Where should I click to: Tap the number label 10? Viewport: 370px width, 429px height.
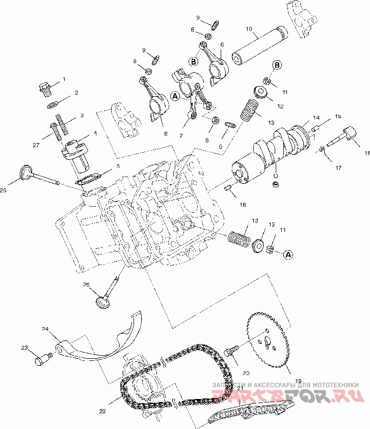pos(249,29)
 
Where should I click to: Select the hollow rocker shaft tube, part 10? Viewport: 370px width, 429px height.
pos(260,46)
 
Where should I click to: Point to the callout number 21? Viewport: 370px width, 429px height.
pos(241,388)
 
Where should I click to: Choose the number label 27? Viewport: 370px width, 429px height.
pos(36,145)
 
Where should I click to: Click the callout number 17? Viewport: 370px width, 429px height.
pos(338,167)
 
